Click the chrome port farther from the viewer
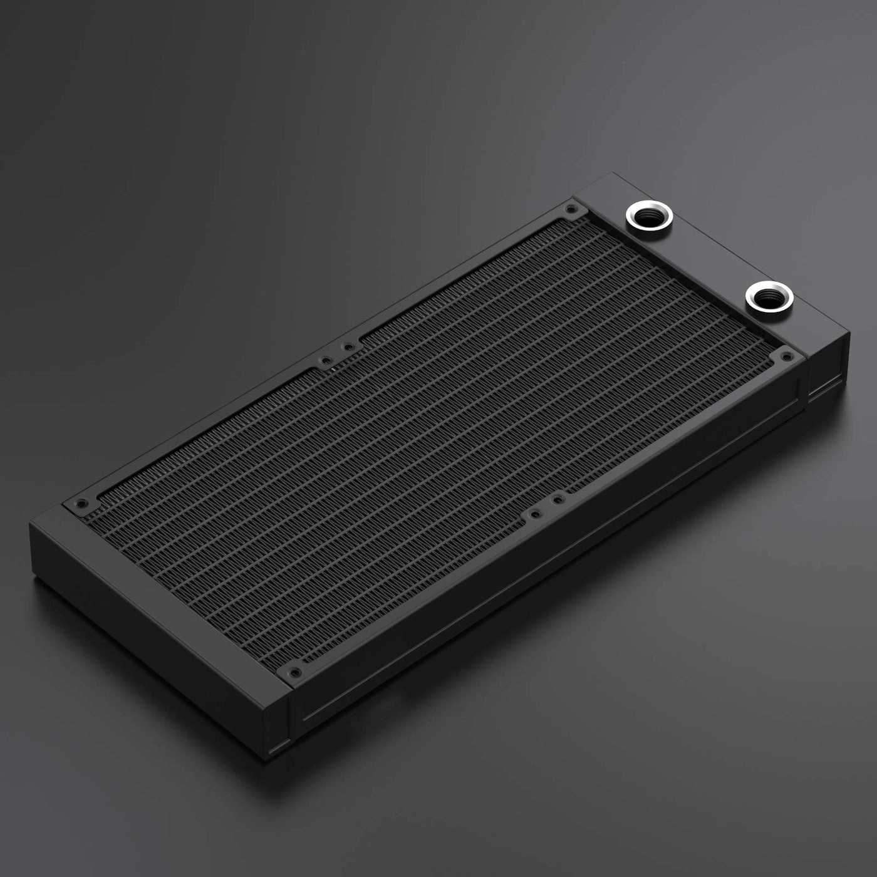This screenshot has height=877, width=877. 648,216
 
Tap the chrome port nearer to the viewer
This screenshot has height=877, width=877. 769,296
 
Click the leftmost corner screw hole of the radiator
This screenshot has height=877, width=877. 80,503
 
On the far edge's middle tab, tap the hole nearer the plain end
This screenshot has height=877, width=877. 324,361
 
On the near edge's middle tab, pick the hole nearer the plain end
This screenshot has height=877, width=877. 534,514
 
